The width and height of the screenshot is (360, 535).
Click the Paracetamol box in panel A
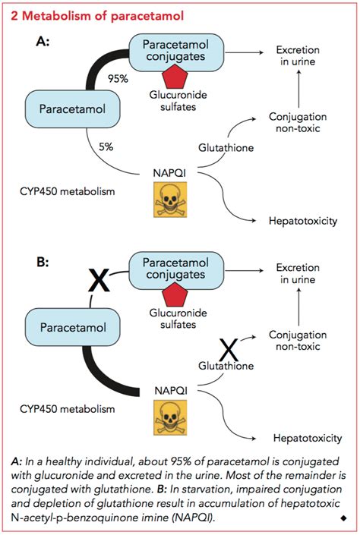[65, 108]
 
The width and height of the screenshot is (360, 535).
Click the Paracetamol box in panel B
[65, 326]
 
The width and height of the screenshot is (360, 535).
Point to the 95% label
[117, 79]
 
